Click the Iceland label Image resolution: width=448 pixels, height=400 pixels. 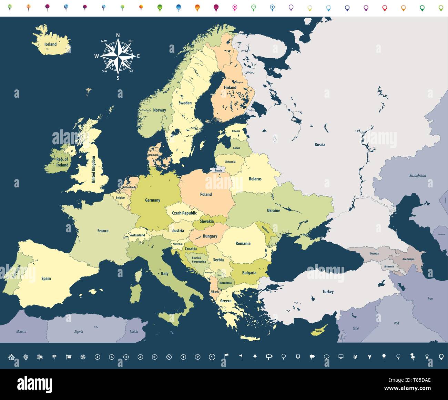(x=50, y=44)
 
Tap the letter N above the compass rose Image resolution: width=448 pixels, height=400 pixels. (x=118, y=35)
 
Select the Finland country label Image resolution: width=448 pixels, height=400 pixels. (x=230, y=87)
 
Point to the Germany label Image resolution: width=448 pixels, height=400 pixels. (x=152, y=200)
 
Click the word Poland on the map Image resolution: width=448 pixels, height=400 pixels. (x=206, y=194)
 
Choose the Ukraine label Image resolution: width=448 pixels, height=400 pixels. (x=273, y=211)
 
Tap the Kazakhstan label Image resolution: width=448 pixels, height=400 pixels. (x=417, y=176)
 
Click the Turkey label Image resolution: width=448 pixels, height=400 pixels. (x=328, y=292)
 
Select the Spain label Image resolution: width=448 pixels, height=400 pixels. (x=46, y=279)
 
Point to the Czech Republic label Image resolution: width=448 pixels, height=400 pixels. (x=184, y=213)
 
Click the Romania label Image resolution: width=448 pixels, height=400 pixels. (x=243, y=244)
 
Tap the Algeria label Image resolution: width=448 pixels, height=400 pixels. (x=79, y=332)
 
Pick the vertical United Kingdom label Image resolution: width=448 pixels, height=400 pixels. (x=93, y=169)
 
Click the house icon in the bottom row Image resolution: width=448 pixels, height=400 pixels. (x=11, y=357)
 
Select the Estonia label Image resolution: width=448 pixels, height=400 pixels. (x=236, y=131)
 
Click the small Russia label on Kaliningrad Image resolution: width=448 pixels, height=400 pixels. (x=218, y=170)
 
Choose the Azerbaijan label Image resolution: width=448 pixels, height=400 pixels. (x=408, y=259)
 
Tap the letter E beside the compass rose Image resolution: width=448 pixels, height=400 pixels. (x=138, y=56)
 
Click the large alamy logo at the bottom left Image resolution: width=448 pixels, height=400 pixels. (x=34, y=384)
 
